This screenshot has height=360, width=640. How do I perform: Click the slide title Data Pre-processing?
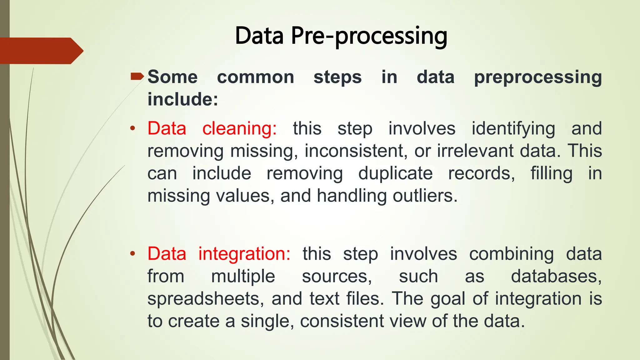click(x=341, y=36)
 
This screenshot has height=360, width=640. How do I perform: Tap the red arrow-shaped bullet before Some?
click(x=137, y=76)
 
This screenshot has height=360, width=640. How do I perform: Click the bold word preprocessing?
click(x=537, y=77)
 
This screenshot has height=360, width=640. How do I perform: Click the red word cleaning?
click(x=239, y=128)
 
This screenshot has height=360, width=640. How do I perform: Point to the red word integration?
click(x=244, y=253)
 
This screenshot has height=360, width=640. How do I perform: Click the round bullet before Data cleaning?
click(x=133, y=128)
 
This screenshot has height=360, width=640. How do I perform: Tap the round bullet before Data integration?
click(x=133, y=254)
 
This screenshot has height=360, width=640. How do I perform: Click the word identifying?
click(x=513, y=129)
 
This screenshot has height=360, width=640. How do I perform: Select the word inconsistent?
click(x=356, y=151)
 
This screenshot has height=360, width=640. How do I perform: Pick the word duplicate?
click(x=395, y=173)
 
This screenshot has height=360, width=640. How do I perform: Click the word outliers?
click(x=425, y=196)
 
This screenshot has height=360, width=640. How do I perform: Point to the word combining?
click(x=511, y=253)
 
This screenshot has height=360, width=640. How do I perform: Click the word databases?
click(x=556, y=276)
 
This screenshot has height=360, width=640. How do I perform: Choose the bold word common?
click(x=255, y=77)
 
